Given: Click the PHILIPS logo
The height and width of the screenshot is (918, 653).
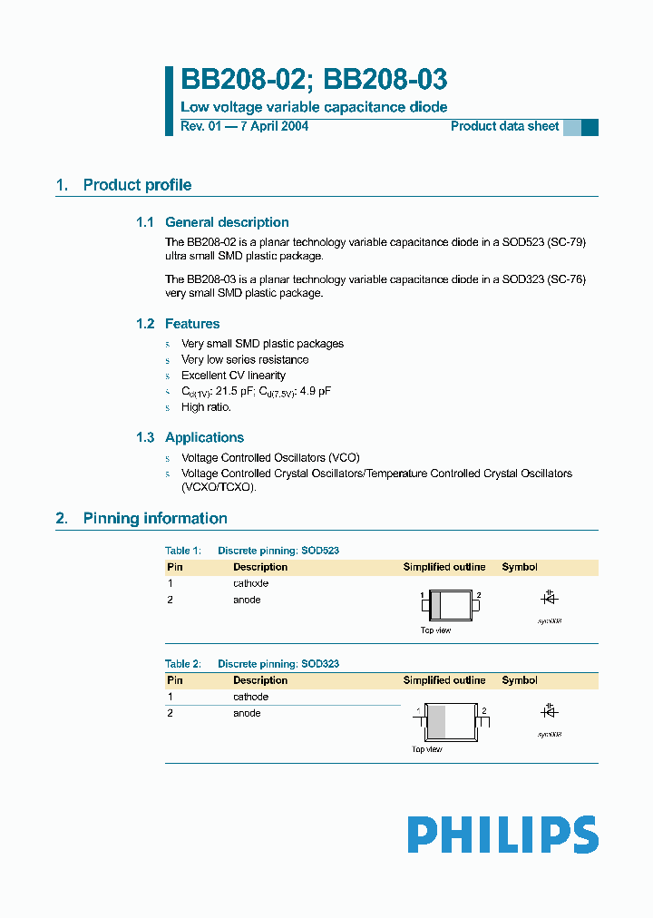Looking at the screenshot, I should click(502, 835).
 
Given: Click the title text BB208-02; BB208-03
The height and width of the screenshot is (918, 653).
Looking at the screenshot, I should click(314, 81).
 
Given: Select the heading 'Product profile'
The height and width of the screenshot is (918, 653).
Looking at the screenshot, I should click(137, 185).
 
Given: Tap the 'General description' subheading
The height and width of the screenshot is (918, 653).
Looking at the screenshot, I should click(227, 222).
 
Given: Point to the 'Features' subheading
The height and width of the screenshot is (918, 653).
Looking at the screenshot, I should click(192, 324).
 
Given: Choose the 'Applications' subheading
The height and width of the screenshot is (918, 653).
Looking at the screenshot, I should click(204, 437).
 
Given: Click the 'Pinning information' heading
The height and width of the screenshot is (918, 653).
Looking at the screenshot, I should click(155, 519).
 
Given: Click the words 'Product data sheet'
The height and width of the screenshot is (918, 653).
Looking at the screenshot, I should click(505, 126).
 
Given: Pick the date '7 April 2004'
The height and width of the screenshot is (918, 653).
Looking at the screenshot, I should click(273, 126).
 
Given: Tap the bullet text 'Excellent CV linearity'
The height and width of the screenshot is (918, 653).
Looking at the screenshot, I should click(233, 376).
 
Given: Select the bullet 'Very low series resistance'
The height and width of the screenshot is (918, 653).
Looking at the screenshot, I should click(245, 360).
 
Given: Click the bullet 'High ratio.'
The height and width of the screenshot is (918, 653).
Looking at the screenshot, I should click(206, 407).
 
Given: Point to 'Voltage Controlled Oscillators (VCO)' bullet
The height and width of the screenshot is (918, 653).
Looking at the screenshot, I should click(270, 458).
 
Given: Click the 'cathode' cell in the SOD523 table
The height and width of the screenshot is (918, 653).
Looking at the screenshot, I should click(250, 583).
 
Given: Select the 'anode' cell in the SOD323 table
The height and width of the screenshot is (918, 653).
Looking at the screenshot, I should click(247, 713).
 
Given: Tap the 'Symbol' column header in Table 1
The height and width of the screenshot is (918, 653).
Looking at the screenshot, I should click(520, 567).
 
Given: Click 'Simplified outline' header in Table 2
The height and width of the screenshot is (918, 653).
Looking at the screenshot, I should click(444, 680).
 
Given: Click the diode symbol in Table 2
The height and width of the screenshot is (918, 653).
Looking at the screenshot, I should click(549, 710).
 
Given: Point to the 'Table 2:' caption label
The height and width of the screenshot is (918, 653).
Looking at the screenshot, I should click(183, 664).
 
